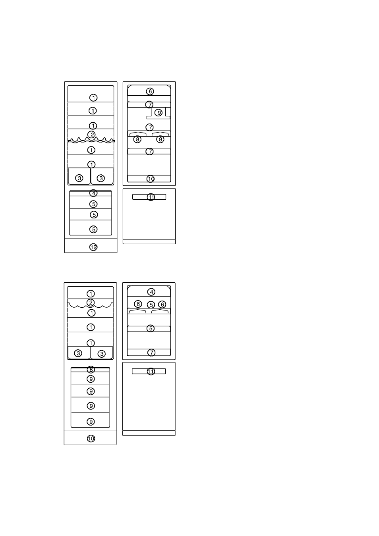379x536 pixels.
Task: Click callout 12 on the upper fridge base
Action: (93, 247)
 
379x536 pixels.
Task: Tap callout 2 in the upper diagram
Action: (91, 135)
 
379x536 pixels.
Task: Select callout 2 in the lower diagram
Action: (91, 303)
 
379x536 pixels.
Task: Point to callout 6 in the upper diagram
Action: (150, 91)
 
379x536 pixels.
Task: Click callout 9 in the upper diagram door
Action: (159, 112)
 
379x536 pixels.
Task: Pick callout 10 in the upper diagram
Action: (151, 179)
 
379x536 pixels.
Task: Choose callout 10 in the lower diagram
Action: (91, 438)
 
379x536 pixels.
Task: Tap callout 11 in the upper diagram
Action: (151, 197)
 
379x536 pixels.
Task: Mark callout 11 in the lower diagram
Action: (151, 371)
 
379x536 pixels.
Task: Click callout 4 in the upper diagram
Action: (93, 193)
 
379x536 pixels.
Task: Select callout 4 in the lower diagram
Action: (151, 292)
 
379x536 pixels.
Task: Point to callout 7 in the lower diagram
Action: (151, 353)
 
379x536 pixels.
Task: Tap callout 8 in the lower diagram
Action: (91, 370)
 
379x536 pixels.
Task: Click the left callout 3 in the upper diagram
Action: (79, 178)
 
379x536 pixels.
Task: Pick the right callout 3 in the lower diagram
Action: (102, 354)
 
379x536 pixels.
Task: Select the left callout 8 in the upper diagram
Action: (137, 139)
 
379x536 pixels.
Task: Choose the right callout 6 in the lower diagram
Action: (162, 305)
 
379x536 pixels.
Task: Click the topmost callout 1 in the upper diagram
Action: (93, 98)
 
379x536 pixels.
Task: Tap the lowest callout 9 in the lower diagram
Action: (91, 422)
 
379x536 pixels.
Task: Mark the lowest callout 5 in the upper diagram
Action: (93, 229)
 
